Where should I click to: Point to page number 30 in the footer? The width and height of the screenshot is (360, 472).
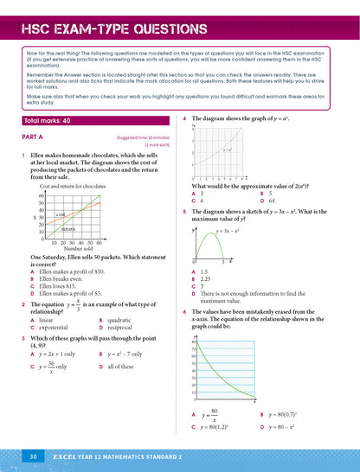tap(31, 456)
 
